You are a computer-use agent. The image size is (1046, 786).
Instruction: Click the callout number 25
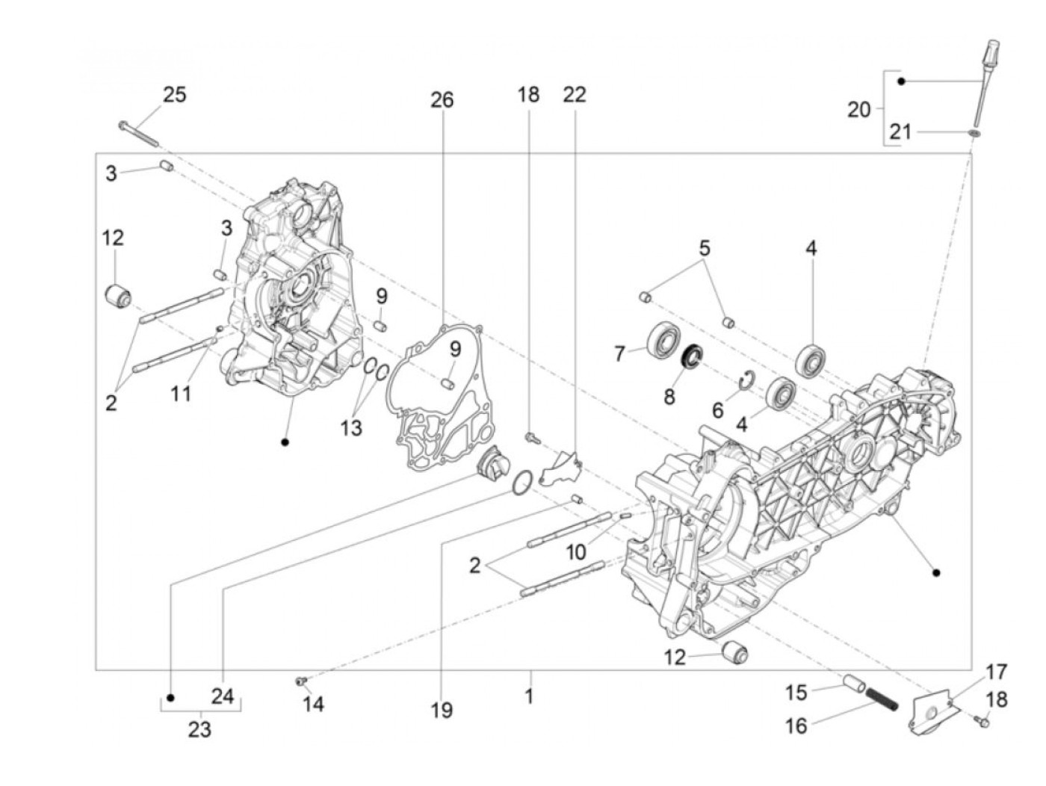[174, 95]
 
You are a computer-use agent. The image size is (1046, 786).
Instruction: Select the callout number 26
[442, 99]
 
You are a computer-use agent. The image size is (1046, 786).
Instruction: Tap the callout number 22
[575, 95]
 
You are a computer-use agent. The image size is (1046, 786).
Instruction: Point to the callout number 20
[859, 109]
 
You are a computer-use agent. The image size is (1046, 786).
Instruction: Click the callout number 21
[900, 132]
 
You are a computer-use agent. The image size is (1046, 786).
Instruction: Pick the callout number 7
[619, 353]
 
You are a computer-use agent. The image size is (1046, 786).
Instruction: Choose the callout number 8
[669, 396]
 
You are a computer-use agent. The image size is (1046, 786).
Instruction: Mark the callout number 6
[717, 409]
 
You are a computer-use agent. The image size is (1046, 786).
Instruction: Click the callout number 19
[442, 710]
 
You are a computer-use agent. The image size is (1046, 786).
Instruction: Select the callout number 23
[199, 729]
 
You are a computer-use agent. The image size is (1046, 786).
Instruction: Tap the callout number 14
[314, 704]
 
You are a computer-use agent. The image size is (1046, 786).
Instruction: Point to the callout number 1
[529, 696]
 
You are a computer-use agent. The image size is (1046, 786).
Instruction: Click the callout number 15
[796, 693]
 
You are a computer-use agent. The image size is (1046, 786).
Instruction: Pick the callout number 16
[796, 725]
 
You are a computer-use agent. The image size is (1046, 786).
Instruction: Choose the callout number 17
[997, 672]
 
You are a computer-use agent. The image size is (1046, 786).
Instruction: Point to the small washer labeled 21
[974, 133]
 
